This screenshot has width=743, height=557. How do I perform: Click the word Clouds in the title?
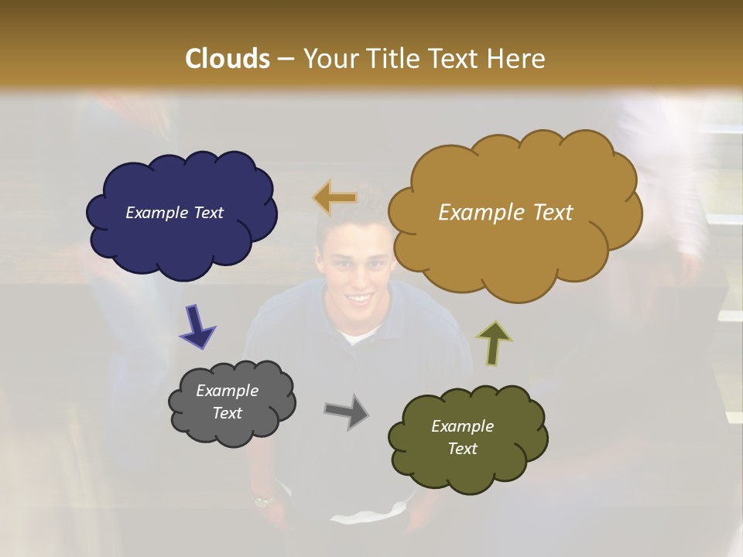point(228,59)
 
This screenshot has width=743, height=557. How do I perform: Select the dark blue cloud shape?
point(182,232)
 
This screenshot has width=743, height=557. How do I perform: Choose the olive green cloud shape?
point(468,464)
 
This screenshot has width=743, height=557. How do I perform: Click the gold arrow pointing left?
point(334,198)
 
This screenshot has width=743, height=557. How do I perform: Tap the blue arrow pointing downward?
point(197,326)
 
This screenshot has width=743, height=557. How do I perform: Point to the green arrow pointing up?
point(493,343)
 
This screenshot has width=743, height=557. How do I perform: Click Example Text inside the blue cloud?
point(174,213)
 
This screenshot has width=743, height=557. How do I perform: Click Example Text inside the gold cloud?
point(505,213)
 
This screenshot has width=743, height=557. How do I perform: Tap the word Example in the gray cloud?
point(227,391)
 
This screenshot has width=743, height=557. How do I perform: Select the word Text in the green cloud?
point(462,449)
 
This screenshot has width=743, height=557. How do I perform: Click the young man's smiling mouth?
point(358,297)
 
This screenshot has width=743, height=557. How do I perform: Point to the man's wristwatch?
point(264,501)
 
